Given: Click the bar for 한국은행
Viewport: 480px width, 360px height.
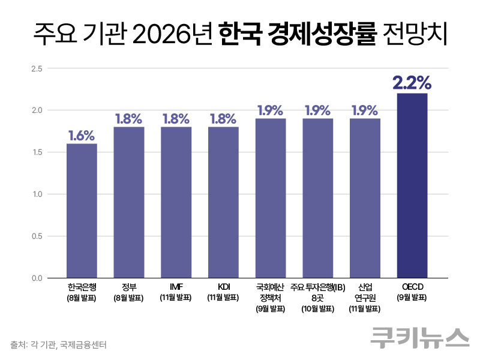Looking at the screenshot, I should point(82,211).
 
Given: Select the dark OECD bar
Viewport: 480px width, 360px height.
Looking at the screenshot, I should point(412,185).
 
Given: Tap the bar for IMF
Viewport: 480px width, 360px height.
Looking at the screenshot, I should point(176,202).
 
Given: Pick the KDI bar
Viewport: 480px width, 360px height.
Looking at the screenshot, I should point(223,202).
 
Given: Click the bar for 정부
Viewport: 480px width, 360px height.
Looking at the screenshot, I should point(128,202).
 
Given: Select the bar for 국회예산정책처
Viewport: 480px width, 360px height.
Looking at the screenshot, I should point(270,198).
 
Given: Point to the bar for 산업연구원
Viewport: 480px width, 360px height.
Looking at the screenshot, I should point(365,198).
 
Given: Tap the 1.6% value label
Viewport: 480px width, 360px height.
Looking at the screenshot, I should point(82,135).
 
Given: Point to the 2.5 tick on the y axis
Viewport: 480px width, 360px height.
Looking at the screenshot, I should point(37,68).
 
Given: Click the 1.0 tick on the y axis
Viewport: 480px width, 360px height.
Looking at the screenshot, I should point(37,194).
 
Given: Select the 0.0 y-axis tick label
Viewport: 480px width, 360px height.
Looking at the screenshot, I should point(37,278).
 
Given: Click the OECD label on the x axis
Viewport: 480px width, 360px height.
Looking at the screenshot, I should point(412,287).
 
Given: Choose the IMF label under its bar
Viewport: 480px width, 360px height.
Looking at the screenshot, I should point(176,287).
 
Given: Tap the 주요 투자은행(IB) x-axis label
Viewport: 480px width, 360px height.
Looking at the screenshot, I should point(317,287).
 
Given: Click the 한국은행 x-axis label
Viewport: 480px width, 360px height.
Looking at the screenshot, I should point(82,287).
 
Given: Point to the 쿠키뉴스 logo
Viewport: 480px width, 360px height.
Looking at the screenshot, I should point(419,337).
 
